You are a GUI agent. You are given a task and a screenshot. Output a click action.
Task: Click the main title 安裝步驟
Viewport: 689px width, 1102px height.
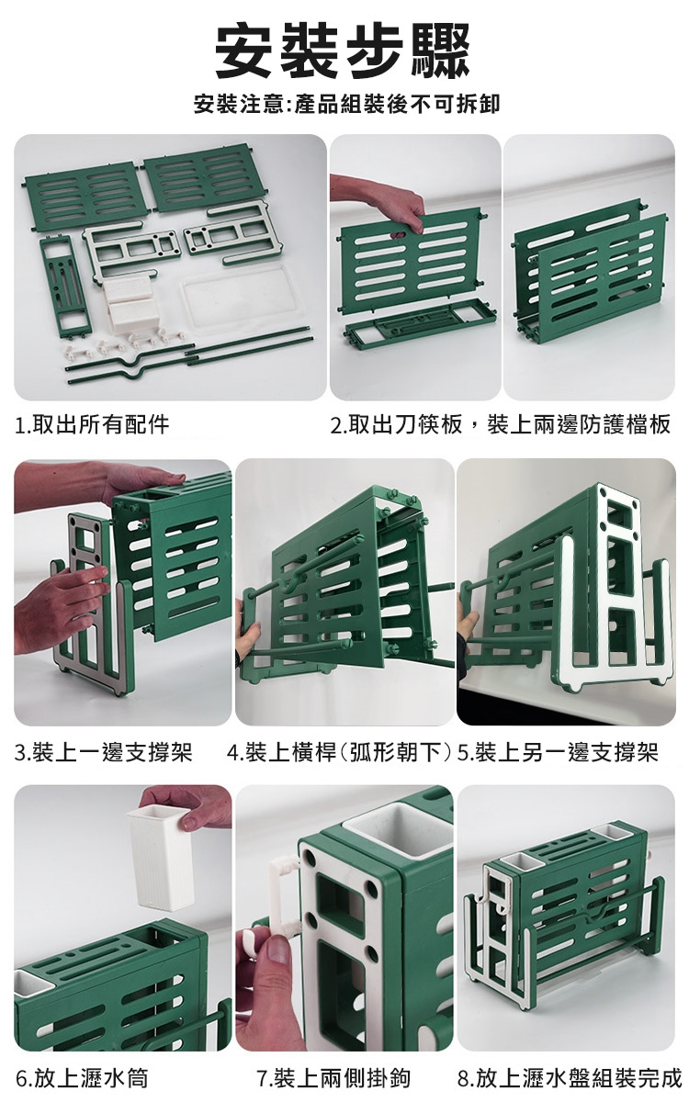point(343,51)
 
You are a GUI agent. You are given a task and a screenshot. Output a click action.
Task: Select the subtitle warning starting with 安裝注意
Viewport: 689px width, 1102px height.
point(347,104)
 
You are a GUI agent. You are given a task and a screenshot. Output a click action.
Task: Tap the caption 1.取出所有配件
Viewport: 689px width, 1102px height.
point(92,424)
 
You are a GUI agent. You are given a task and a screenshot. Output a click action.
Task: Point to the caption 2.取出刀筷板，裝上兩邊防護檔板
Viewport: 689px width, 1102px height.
point(501,424)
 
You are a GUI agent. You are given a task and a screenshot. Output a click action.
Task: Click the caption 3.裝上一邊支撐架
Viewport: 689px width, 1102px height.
point(103,752)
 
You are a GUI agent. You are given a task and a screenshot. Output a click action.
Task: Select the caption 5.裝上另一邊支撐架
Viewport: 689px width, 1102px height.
point(558,752)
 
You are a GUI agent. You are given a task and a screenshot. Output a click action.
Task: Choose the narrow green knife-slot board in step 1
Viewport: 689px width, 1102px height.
point(66,287)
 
